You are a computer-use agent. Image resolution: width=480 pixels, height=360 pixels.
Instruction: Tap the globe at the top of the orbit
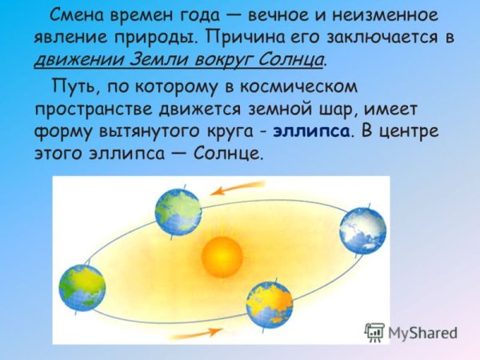[178, 211]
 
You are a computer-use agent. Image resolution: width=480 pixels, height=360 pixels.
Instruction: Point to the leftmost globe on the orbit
[82, 288]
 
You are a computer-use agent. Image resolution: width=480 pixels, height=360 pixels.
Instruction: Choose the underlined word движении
[69, 59]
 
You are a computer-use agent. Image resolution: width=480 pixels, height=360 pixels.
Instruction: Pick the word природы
[155, 38]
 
